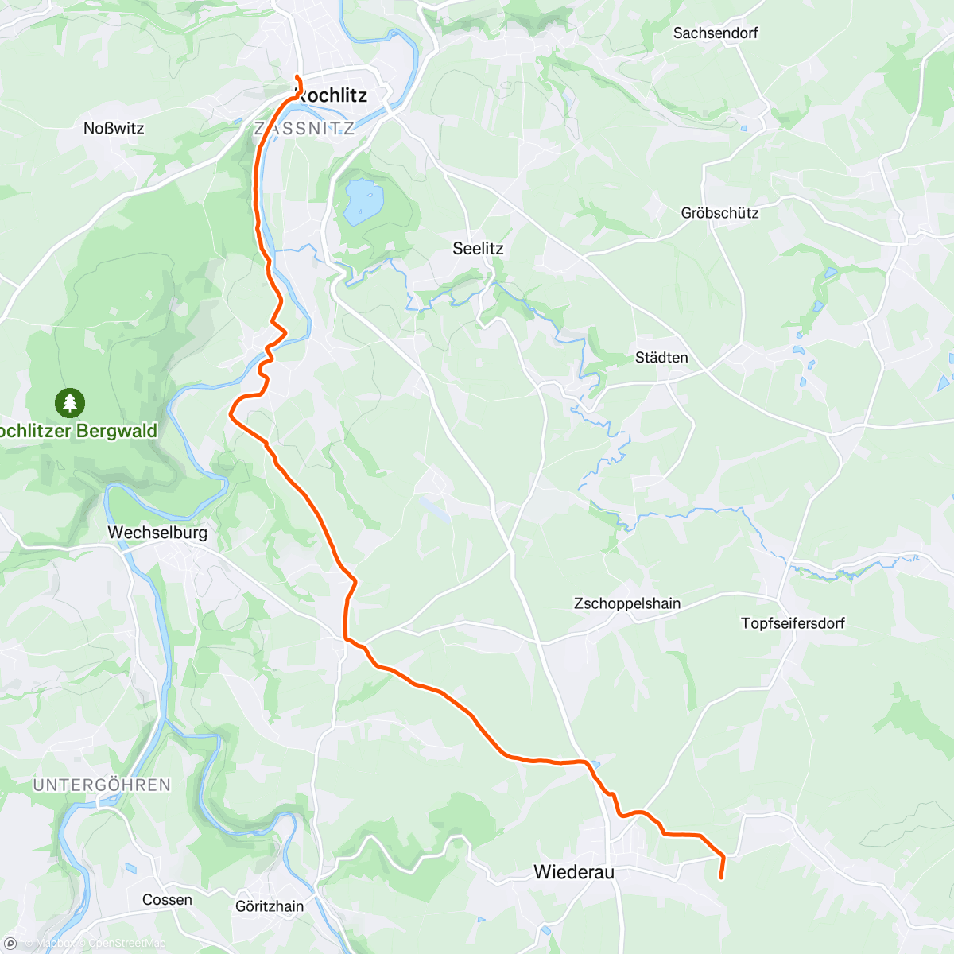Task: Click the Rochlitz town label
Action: pos(332,95)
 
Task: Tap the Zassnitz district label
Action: pos(304,129)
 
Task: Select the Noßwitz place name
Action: pos(114,128)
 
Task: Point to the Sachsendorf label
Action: pos(715,33)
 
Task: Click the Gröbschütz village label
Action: pos(719,213)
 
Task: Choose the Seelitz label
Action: pos(478,249)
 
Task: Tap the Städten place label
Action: pos(661,358)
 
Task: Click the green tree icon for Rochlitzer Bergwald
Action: pos(70,403)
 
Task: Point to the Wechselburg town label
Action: pos(157,533)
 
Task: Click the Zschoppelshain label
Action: pos(627,603)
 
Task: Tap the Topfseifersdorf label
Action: pos(793,623)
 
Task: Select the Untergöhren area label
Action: pos(102,785)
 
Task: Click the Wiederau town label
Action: pos(574,872)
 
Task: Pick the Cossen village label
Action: pos(167,900)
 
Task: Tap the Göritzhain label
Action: pos(270,906)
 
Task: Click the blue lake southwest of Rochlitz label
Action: pos(363,198)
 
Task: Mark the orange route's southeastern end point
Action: pos(721,878)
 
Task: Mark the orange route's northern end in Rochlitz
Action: pos(297,76)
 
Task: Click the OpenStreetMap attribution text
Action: pos(126,944)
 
